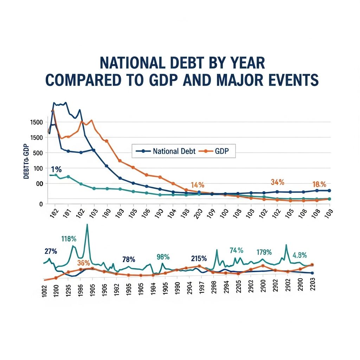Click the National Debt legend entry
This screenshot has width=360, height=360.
pos(166,152)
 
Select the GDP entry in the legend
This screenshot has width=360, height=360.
pos(216,152)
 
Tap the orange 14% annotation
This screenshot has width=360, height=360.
pos(198,185)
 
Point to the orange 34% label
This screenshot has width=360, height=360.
pos(277,182)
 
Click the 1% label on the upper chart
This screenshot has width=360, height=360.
pos(56,169)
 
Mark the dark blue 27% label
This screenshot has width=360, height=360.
pos(51,251)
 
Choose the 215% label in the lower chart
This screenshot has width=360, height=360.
pos(199,258)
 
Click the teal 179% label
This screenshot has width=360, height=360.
pos(264,252)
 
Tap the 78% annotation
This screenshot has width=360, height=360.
pos(129,259)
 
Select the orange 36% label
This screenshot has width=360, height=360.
pos(84,263)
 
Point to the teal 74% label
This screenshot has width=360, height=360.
pos(236,250)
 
